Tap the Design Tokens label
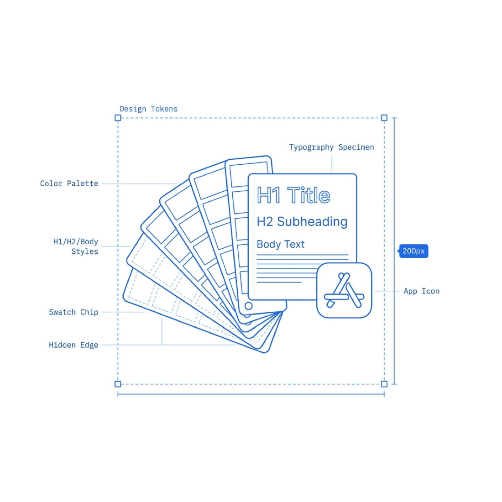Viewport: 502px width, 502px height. click(148, 109)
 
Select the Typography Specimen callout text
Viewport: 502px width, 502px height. click(332, 147)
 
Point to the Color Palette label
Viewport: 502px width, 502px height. click(69, 183)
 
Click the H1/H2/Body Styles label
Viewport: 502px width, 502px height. click(76, 246)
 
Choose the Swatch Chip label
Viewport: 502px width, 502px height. click(73, 312)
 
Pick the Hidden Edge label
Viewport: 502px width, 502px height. click(73, 345)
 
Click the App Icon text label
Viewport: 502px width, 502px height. click(421, 291)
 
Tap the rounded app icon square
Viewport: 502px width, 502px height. click(344, 290)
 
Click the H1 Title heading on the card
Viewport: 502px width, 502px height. click(293, 195)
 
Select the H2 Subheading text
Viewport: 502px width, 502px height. click(302, 221)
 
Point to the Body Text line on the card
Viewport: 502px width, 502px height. click(281, 244)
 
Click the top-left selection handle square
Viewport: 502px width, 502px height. click(118, 118)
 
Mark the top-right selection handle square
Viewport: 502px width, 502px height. click(384, 118)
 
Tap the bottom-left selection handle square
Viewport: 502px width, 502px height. click(118, 384)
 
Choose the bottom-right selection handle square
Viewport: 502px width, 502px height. click(384, 384)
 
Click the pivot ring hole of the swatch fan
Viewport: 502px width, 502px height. click(248, 306)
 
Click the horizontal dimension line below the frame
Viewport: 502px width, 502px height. click(251, 394)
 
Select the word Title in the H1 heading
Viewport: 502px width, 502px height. click(309, 195)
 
